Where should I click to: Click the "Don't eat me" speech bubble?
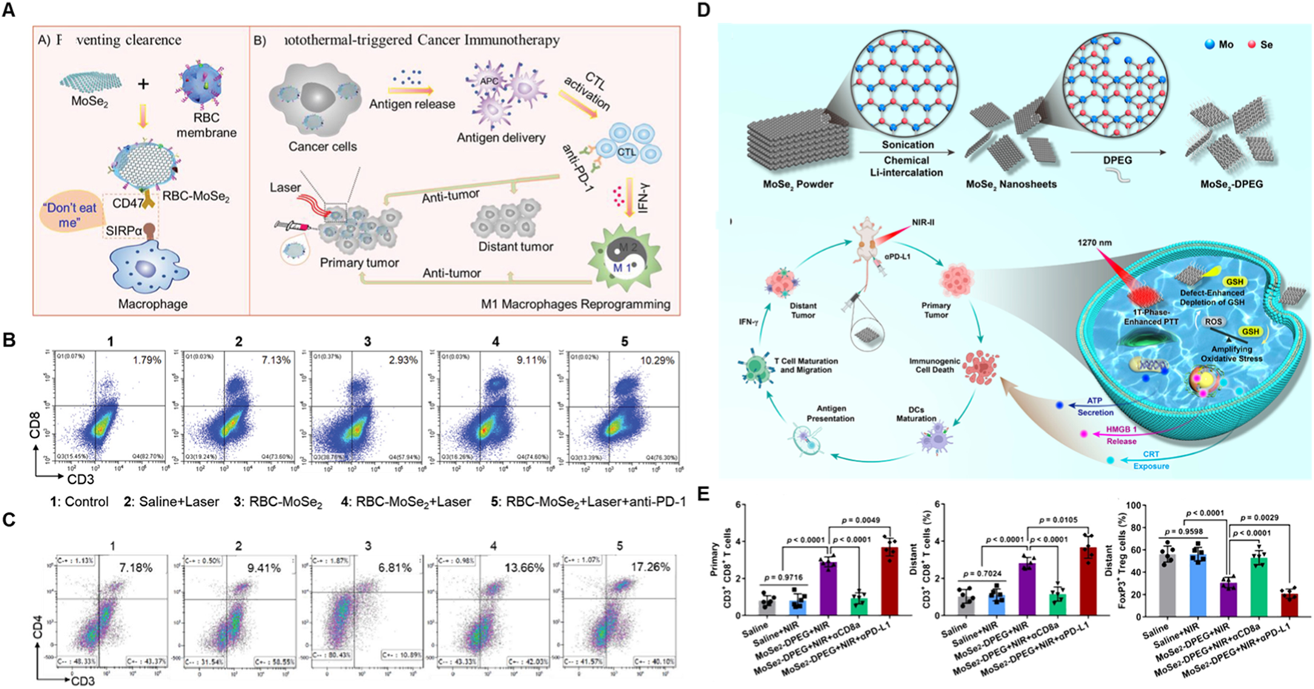69,215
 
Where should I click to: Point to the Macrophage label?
153,304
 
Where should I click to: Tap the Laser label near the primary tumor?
285,188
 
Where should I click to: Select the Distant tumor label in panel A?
515,246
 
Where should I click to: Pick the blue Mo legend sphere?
1210,44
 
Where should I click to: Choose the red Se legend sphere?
1251,44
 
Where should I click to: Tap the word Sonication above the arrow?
908,145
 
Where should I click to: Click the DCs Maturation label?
917,414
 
